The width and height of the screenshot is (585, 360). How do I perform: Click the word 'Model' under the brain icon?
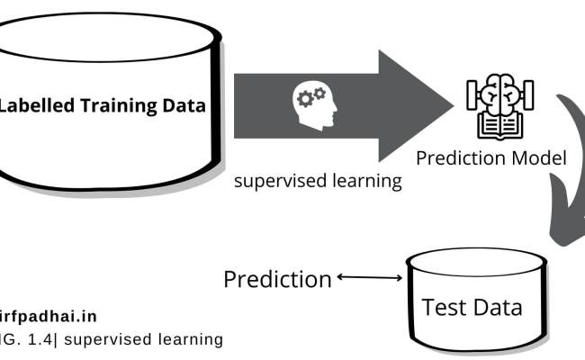pos(540,158)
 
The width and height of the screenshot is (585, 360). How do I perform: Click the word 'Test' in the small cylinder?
pos(444,307)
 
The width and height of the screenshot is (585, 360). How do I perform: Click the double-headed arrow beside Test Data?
pos(369,278)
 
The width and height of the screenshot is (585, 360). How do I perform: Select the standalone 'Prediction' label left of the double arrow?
pos(277,279)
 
